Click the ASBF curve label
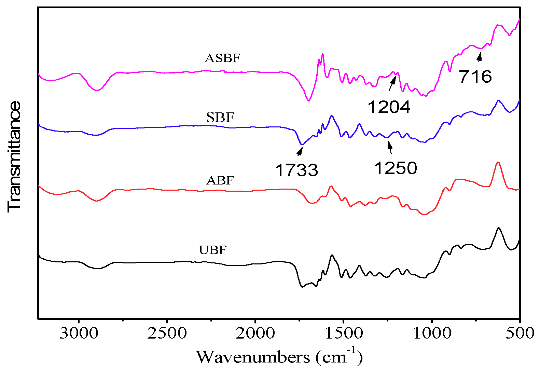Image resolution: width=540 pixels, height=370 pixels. coord(222,58)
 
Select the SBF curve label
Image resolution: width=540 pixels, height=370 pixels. coord(220,118)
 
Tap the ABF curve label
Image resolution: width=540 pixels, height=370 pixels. coord(220,180)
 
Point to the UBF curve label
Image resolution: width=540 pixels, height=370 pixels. coord(212,250)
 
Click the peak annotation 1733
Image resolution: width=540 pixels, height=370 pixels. coord(296,170)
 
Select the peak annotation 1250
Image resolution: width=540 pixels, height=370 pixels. coord(396,168)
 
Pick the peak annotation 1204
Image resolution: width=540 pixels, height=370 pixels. coord(389,107)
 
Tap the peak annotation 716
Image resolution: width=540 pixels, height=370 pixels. coord(475,77)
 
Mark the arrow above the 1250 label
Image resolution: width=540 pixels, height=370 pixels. coord(390,148)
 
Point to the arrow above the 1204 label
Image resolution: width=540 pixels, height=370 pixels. coord(392,83)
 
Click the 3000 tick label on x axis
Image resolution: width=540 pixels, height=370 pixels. coord(79,333)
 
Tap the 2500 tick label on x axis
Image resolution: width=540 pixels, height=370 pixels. coord(167,333)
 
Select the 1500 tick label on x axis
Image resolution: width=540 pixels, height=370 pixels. coord(344,333)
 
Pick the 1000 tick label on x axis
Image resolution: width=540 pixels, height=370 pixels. coord(432,333)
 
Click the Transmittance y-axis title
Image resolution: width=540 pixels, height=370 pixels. coord(14,156)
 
